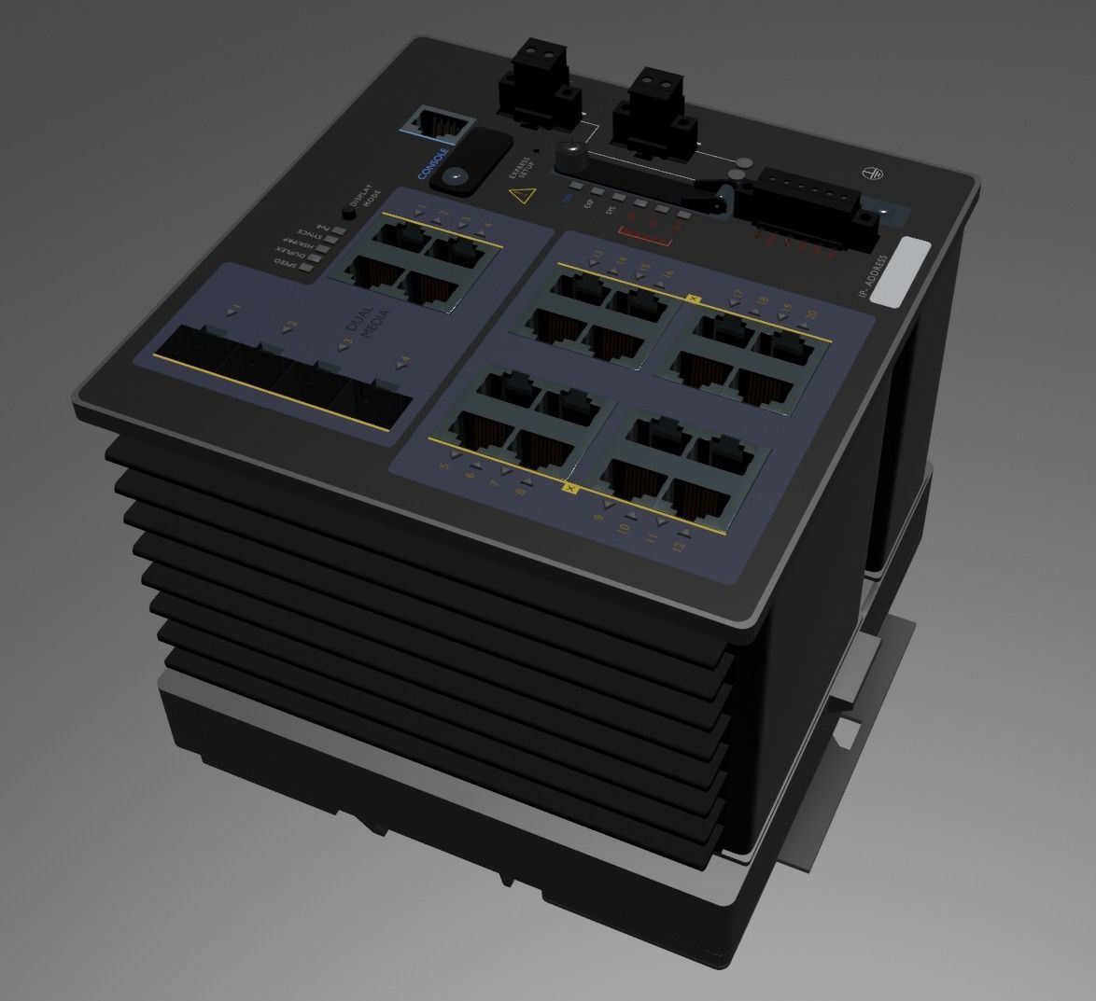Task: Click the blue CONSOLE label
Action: pyautogui.click(x=433, y=163)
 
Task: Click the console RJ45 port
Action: pyautogui.click(x=437, y=122)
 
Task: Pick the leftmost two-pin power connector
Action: pyautogui.click(x=528, y=76)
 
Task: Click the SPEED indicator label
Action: pyautogui.click(x=285, y=264)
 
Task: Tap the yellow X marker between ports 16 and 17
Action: pyautogui.click(x=693, y=299)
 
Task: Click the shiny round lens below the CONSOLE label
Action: pyautogui.click(x=456, y=176)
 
